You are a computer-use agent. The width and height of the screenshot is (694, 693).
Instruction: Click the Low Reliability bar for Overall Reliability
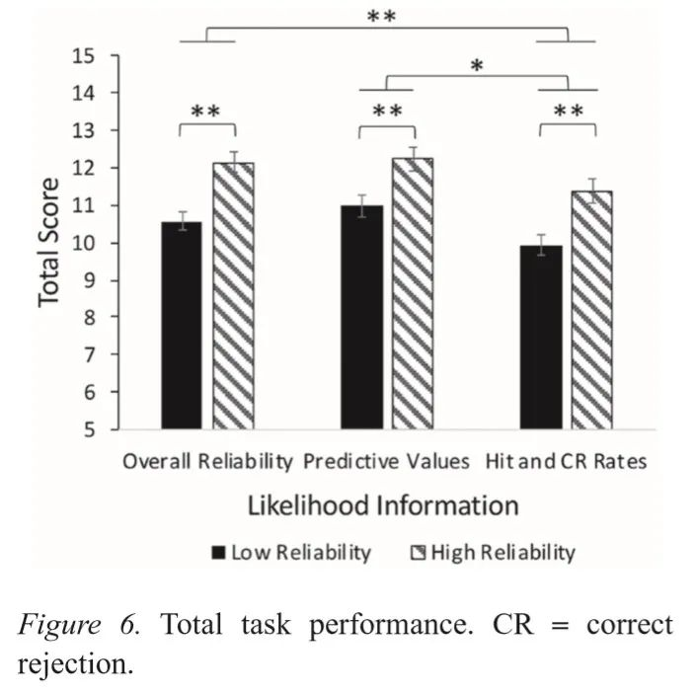click(182, 326)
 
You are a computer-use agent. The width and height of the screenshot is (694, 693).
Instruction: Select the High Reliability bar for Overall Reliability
click(234, 296)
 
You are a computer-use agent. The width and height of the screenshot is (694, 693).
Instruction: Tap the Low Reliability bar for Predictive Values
click(362, 317)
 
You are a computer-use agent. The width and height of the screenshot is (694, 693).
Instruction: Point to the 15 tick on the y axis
click(95, 55)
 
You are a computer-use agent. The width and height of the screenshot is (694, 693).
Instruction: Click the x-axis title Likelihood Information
click(382, 505)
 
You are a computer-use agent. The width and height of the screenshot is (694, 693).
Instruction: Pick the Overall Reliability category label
click(207, 462)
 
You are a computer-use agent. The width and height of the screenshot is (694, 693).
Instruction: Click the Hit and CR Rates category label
click(566, 462)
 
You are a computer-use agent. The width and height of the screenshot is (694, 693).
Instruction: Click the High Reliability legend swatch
click(417, 552)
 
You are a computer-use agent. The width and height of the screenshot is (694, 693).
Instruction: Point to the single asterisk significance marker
click(476, 67)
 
